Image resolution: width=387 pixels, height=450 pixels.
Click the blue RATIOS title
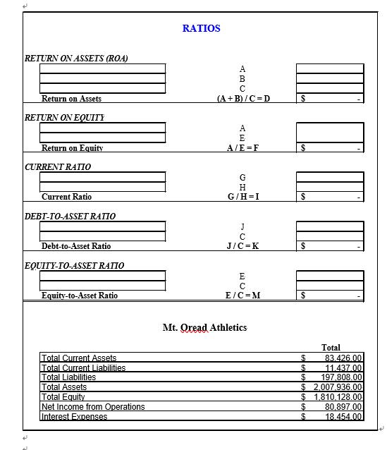pyautogui.click(x=201, y=28)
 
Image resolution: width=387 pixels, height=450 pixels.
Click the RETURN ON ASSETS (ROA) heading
pyautogui.click(x=76, y=58)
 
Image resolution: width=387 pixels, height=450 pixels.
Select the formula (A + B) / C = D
pyautogui.click(x=242, y=99)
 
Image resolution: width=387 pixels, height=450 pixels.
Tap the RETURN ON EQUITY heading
pyautogui.click(x=64, y=117)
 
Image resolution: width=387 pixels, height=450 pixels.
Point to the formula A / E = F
pyautogui.click(x=242, y=148)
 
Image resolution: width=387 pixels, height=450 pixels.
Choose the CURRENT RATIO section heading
pyautogui.click(x=57, y=166)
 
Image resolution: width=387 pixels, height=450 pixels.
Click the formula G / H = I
pyautogui.click(x=242, y=197)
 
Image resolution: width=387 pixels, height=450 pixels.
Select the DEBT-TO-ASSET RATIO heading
pyautogui.click(x=70, y=216)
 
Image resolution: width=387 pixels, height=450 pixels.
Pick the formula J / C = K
pyautogui.click(x=242, y=246)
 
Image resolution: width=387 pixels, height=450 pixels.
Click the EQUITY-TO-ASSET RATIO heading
pyautogui.click(x=74, y=265)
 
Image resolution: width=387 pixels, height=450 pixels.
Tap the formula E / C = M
pyautogui.click(x=242, y=296)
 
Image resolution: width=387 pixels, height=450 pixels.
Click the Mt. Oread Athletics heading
pyautogui.click(x=204, y=327)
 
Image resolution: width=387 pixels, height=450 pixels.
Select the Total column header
pyautogui.click(x=331, y=348)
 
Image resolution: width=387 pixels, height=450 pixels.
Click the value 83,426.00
pyautogui.click(x=342, y=358)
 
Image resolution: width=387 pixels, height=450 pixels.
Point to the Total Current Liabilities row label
pyautogui.click(x=83, y=367)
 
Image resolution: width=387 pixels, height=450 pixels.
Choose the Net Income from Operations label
pyautogui.click(x=93, y=407)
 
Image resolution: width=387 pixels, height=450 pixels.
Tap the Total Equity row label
pyautogui.click(x=63, y=397)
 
